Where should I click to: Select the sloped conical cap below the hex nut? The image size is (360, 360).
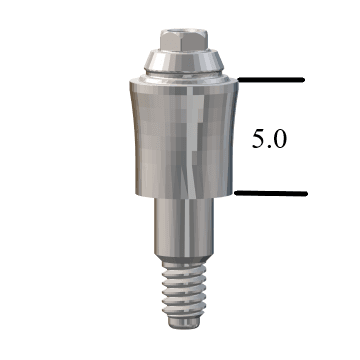coord(182,60)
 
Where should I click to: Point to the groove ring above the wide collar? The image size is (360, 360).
coord(182,71)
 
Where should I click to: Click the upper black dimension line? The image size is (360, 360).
coord(270,79)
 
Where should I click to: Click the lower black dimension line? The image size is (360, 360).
coord(270,192)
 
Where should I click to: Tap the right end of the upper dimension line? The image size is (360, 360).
coord(303,79)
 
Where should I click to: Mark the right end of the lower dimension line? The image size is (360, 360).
coord(303,192)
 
